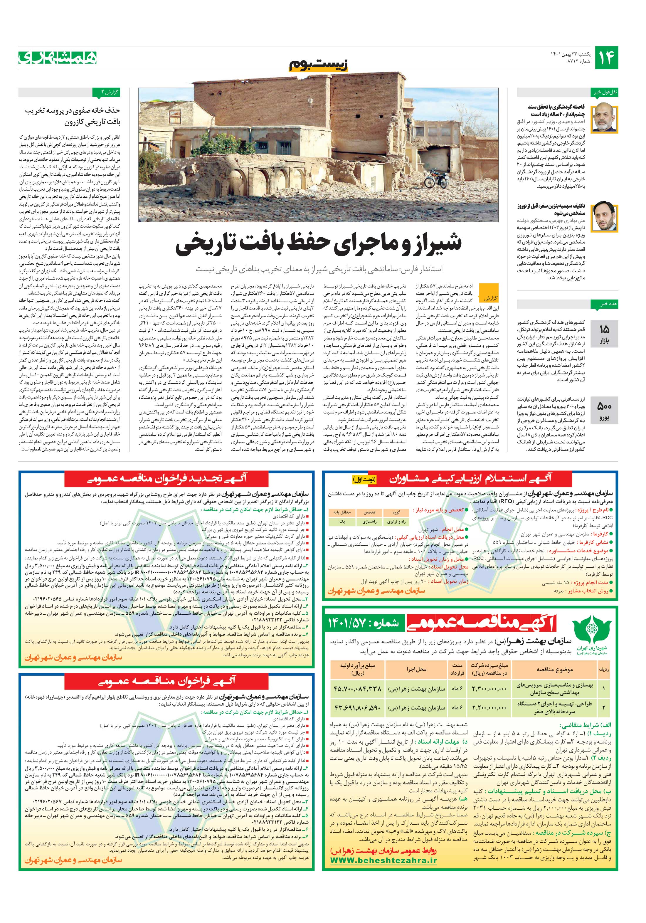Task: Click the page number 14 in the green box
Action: pyautogui.click(x=607, y=58)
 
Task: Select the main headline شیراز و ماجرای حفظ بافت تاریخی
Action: pyautogui.click(x=319, y=245)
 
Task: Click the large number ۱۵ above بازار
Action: pyautogui.click(x=605, y=329)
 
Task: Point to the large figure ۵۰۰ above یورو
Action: pyautogui.click(x=604, y=406)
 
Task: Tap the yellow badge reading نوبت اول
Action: pyautogui.click(x=364, y=479)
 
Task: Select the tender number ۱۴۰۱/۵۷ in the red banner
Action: pyautogui.click(x=364, y=623)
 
